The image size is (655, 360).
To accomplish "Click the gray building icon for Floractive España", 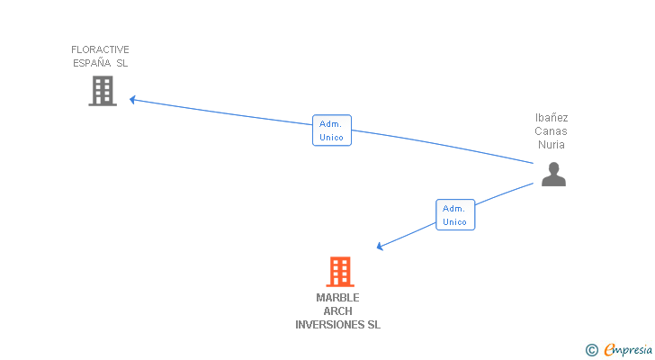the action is (x=103, y=90).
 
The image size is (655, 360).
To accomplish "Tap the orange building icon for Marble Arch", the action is (x=339, y=271).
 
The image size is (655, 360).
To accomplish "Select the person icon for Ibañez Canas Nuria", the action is (x=553, y=174).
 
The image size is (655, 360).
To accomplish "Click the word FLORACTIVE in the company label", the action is (x=101, y=49).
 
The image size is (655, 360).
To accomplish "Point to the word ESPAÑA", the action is (x=91, y=63).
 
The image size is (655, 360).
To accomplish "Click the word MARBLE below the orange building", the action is (x=337, y=298).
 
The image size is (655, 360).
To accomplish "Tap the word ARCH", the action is (x=337, y=311).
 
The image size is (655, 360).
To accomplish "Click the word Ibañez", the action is (x=552, y=117).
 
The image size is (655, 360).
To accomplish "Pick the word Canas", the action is (x=552, y=130).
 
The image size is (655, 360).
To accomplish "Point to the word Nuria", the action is (x=552, y=144).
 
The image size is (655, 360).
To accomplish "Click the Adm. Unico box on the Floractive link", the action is (x=331, y=130).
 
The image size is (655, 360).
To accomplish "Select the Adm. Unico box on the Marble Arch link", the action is (x=454, y=214).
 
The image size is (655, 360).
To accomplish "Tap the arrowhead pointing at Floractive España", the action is (x=132, y=99).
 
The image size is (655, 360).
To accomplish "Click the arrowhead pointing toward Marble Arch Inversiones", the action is (x=381, y=247).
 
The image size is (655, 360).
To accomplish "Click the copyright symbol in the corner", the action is (x=591, y=350).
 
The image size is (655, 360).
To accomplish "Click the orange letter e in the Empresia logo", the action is (x=609, y=350).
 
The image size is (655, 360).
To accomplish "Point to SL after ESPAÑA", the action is (x=121, y=63).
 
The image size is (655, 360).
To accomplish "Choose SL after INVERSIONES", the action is (x=372, y=325).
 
